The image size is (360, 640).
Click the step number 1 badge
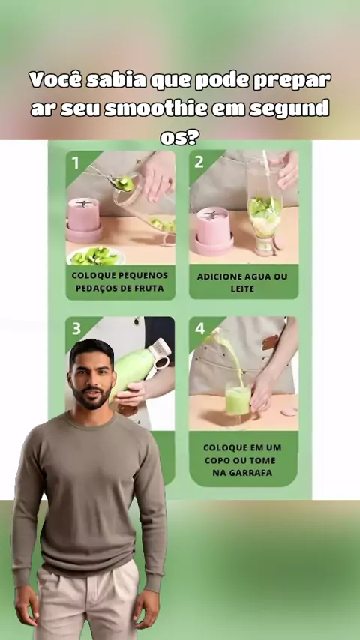(76, 163)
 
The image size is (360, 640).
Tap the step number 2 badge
(199, 163)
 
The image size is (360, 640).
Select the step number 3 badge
(76, 329)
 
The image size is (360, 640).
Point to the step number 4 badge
(199, 328)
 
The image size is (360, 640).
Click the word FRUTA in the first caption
(149, 289)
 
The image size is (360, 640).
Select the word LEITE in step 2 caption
(243, 289)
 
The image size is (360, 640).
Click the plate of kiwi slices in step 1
(95, 256)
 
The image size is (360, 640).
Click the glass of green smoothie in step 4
(238, 401)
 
